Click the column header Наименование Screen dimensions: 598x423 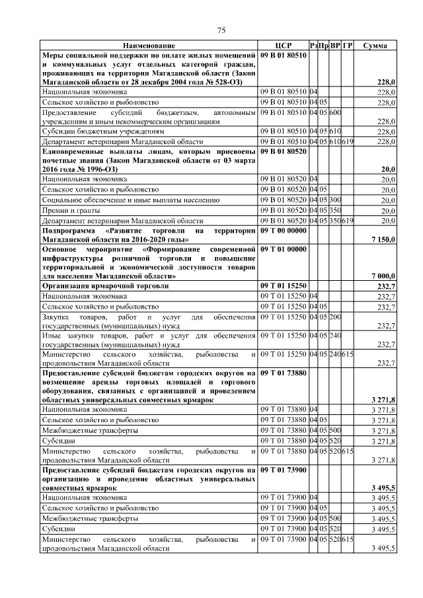(x=149, y=46)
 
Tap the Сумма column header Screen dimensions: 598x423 (x=375, y=46)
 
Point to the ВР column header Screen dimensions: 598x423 (x=335, y=46)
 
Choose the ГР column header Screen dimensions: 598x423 (x=348, y=46)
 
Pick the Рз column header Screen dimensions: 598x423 (x=313, y=46)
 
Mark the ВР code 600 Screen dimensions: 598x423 (x=335, y=113)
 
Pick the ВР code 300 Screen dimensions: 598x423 (x=335, y=199)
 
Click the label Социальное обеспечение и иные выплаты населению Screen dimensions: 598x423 (x=126, y=199)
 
